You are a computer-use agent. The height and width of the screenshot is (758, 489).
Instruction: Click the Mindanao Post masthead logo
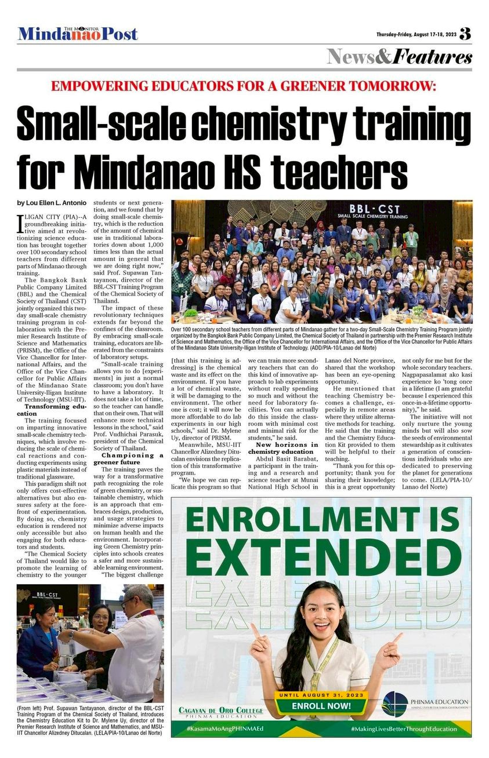coord(78,34)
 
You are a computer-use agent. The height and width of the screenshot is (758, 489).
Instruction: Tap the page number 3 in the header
coord(465,34)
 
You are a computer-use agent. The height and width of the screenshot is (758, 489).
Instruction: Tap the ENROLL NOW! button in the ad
coord(321,706)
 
